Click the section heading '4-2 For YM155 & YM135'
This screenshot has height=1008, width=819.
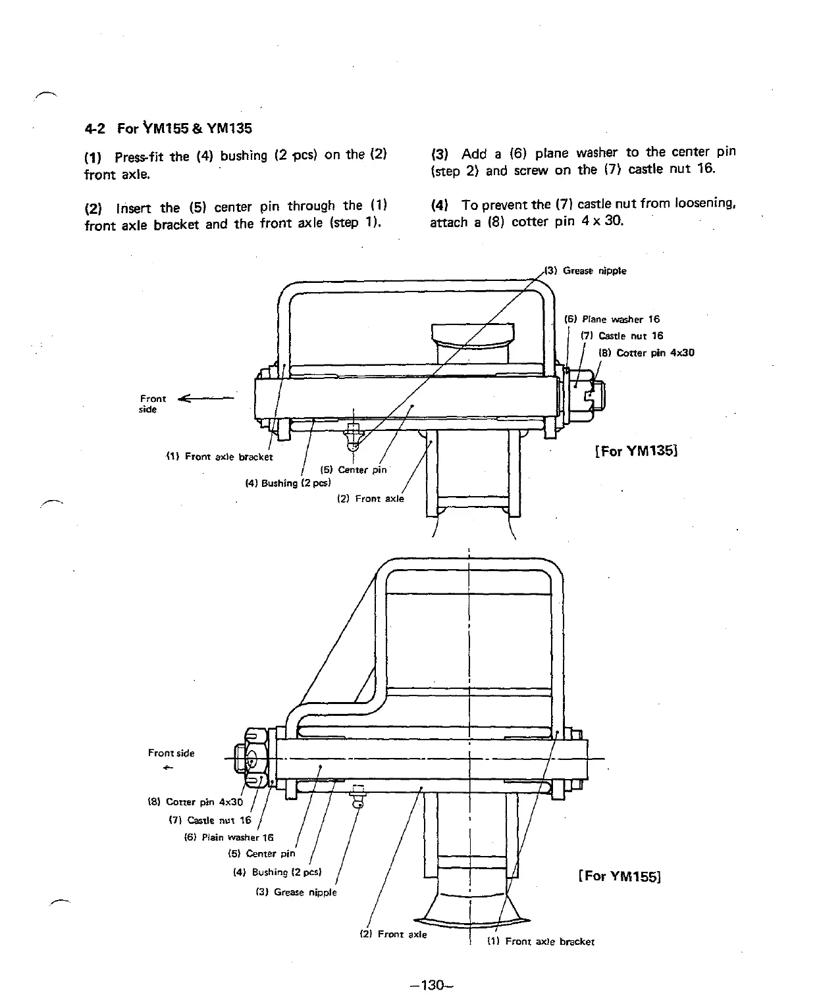(168, 128)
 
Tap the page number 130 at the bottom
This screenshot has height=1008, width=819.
(431, 986)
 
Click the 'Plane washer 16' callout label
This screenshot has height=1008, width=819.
(612, 320)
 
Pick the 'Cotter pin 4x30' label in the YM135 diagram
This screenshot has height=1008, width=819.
(646, 353)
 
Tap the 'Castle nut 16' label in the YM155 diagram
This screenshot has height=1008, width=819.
(210, 820)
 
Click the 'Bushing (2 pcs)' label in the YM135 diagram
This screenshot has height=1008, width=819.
(287, 484)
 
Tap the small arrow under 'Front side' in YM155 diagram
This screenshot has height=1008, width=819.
(169, 768)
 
